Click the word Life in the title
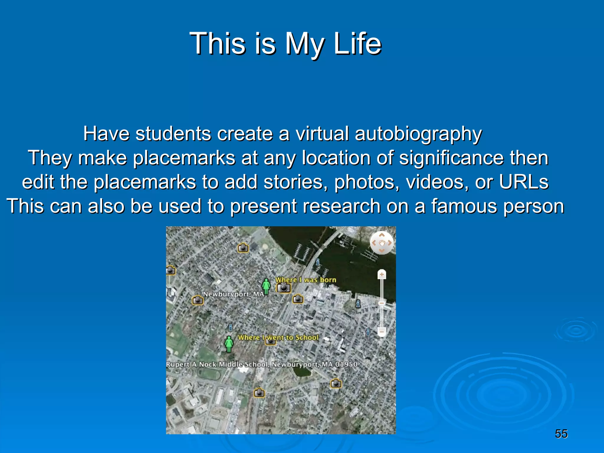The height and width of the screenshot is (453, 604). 357,44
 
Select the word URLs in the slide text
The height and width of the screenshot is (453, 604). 523,182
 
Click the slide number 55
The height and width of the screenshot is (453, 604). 561,434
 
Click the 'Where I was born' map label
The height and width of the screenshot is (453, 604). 306,280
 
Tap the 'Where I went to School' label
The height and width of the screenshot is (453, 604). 278,337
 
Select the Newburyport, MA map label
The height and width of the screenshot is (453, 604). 233,294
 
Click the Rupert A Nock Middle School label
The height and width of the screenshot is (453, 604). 261,364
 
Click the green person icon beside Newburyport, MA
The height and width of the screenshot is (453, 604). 266,286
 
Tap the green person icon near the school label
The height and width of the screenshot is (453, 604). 229,344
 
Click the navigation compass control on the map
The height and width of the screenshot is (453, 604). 382,243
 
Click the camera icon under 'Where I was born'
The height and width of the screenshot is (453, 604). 284,288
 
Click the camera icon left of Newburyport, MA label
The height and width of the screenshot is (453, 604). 198,300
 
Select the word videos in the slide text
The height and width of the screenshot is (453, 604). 437,182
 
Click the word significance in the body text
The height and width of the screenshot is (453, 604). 451,158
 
